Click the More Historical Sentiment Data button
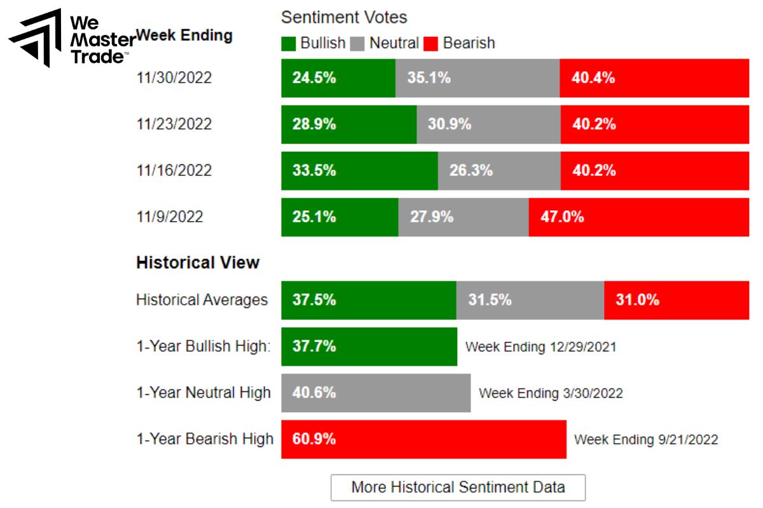(x=458, y=487)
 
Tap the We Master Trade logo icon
(x=36, y=38)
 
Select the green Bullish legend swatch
(x=289, y=44)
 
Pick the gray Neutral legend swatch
(x=357, y=44)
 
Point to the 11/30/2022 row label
(x=174, y=78)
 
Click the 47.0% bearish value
(x=562, y=217)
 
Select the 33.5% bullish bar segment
(x=359, y=170)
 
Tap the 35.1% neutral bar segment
(x=477, y=78)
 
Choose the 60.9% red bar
(x=423, y=439)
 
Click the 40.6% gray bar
(x=376, y=392)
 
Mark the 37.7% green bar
(x=369, y=347)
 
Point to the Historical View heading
(x=198, y=263)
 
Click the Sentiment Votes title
(x=344, y=17)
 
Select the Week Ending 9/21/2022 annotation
(x=646, y=439)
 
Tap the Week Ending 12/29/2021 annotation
(x=540, y=347)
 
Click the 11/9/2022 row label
(x=170, y=217)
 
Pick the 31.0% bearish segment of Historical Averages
(x=677, y=300)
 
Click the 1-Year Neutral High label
(x=203, y=393)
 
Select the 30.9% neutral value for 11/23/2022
(x=450, y=124)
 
